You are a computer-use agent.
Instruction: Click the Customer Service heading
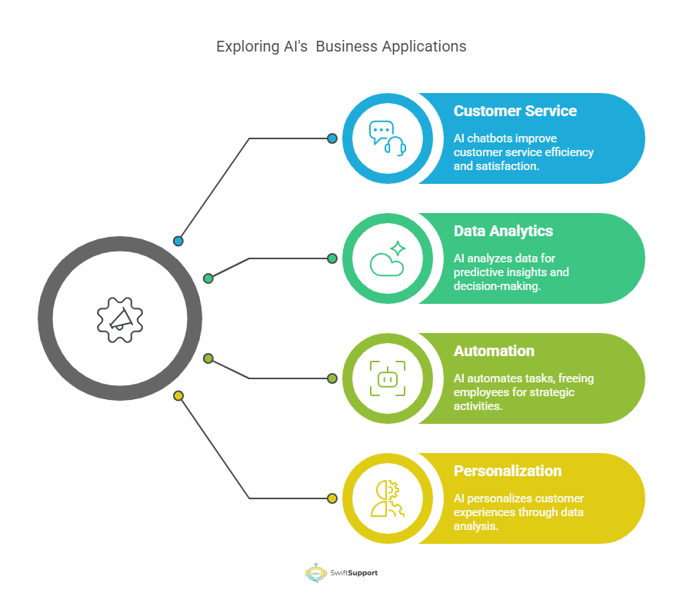click(x=515, y=111)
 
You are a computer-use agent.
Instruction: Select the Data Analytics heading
click(x=503, y=231)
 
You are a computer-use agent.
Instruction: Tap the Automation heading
click(x=494, y=351)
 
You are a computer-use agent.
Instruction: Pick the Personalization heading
click(x=508, y=471)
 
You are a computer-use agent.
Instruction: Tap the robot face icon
click(x=386, y=378)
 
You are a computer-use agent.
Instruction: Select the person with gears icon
click(x=386, y=498)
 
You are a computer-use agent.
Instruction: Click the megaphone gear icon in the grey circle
click(x=120, y=318)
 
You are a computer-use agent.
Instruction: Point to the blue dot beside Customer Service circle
click(x=332, y=138)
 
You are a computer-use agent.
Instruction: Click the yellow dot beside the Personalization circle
click(x=332, y=498)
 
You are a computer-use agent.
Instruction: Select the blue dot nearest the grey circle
click(x=178, y=241)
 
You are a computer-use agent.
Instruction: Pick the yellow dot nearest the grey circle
click(x=178, y=396)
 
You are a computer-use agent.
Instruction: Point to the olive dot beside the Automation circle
click(x=332, y=378)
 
